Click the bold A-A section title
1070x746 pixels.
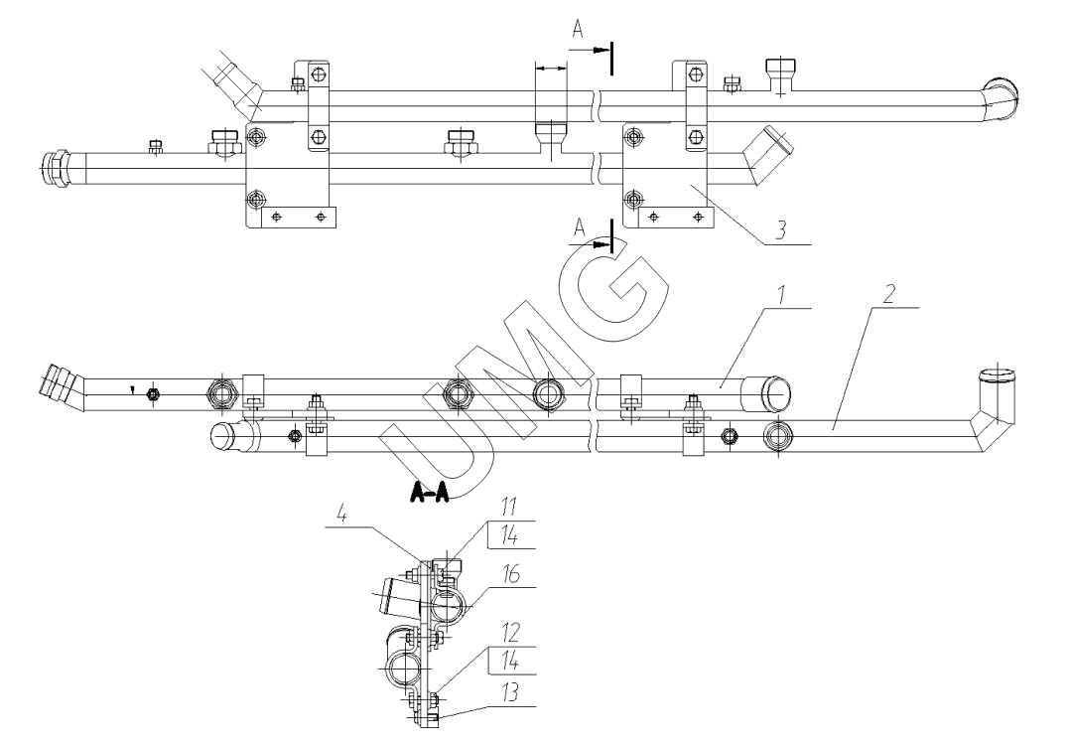tap(428, 493)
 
